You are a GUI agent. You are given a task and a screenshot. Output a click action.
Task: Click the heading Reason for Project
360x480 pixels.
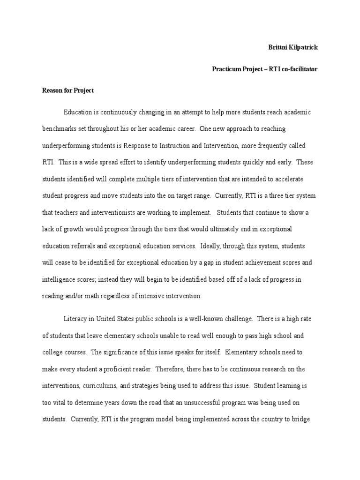coord(68,90)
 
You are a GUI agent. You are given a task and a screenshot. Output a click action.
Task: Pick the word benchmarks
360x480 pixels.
coord(59,128)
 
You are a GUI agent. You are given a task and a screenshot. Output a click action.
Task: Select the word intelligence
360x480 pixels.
coord(59,279)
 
